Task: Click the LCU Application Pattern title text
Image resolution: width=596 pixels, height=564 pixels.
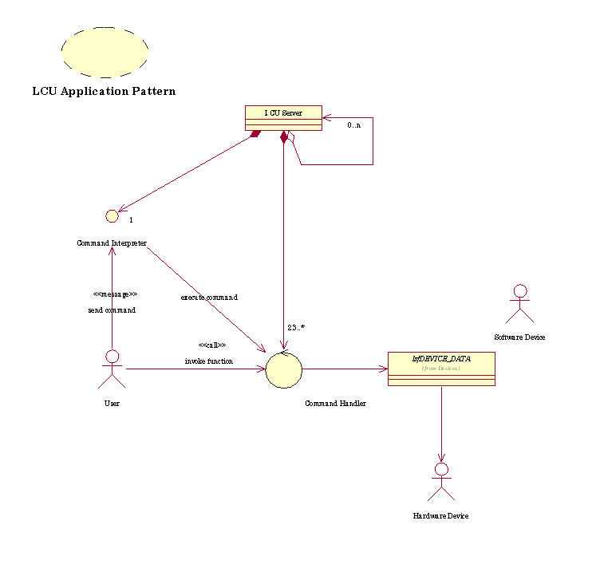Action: (104, 91)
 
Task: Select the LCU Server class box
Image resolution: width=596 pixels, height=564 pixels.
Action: (282, 117)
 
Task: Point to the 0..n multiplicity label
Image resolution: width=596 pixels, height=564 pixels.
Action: (354, 125)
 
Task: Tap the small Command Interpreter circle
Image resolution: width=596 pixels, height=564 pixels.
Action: (112, 215)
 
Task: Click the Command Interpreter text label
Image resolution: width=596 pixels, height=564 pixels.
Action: (112, 243)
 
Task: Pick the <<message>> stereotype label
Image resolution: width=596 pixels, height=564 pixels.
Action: (115, 294)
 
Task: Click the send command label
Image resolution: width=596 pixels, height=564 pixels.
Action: (112, 310)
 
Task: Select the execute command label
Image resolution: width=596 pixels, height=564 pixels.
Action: (209, 297)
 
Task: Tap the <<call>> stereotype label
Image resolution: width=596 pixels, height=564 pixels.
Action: (212, 345)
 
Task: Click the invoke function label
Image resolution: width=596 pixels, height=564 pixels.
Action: (209, 361)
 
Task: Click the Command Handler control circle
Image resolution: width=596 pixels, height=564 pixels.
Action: (284, 369)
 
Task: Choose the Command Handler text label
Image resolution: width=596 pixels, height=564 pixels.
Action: (335, 404)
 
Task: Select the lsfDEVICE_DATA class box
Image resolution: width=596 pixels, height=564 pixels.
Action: (441, 369)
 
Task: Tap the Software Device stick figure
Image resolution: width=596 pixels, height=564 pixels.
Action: (519, 303)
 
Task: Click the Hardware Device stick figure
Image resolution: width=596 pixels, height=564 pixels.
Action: (440, 481)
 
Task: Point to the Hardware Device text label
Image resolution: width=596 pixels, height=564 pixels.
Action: (440, 516)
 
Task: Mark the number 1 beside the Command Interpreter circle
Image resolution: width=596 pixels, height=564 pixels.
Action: (130, 219)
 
